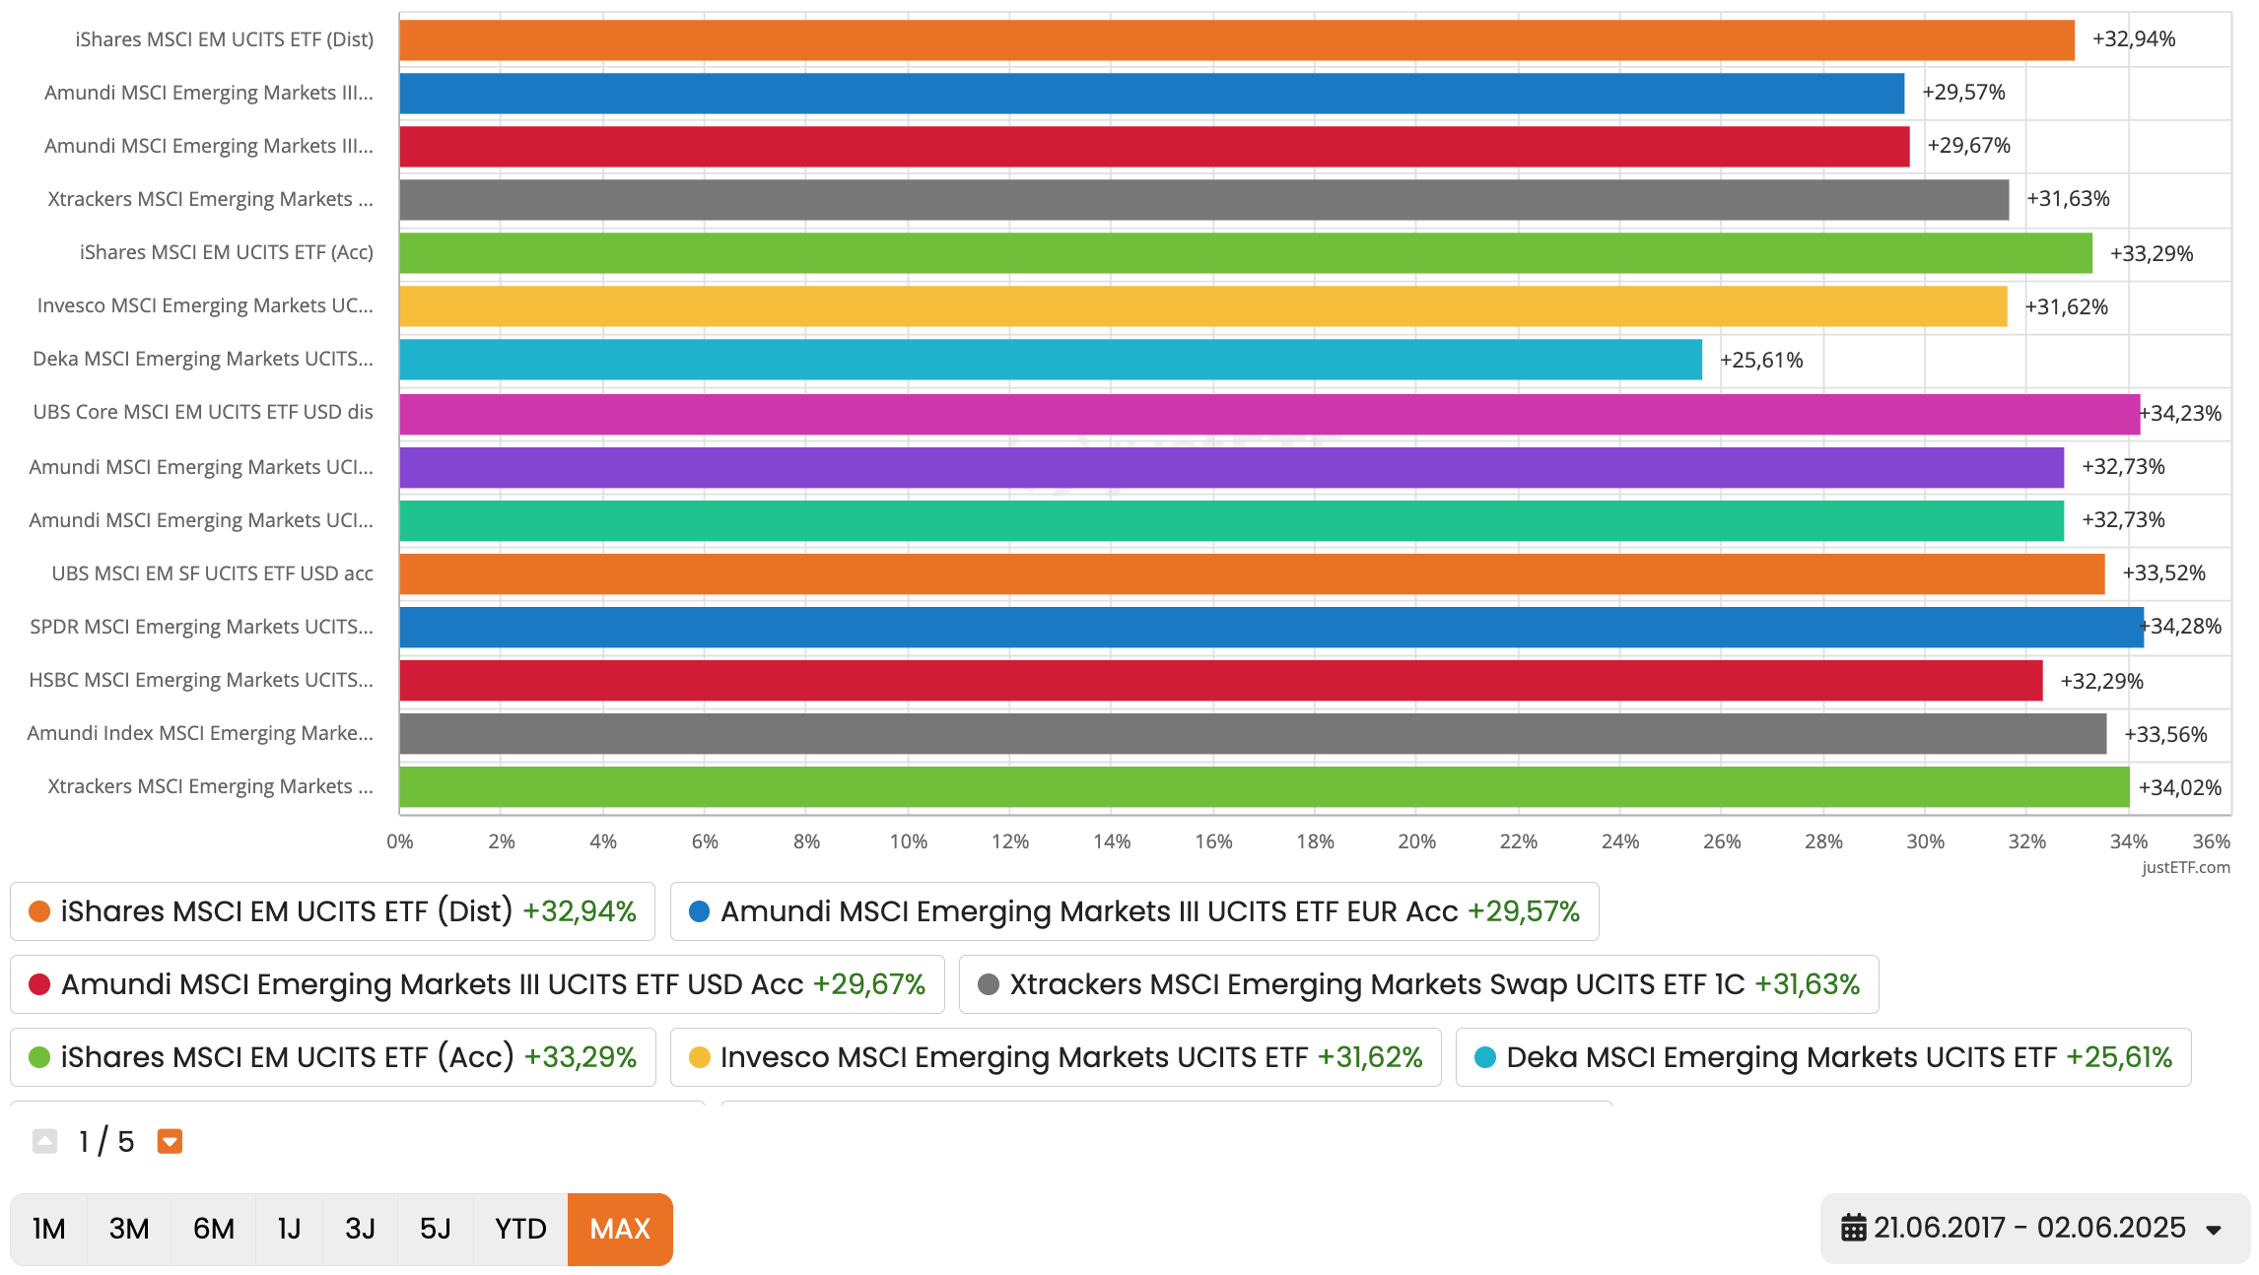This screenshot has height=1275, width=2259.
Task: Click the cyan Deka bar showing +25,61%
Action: pos(1050,360)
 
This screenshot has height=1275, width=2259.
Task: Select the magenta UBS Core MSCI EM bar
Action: pos(1269,414)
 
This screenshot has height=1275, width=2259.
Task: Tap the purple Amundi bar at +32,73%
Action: pos(1231,467)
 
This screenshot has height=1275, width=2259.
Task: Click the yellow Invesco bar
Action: pos(1202,306)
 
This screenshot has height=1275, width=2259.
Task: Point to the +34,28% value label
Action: pos(2185,627)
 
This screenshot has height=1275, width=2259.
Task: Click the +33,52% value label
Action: pos(2163,573)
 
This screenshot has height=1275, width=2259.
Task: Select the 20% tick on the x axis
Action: pos(1416,841)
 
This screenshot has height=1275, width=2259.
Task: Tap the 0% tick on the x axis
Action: pos(400,841)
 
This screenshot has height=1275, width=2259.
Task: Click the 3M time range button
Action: pos(129,1229)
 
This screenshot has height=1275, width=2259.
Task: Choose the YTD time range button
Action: pos(520,1229)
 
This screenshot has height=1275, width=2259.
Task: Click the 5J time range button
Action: pos(435,1229)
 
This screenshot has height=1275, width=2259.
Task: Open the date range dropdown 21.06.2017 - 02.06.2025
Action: pos(2034,1228)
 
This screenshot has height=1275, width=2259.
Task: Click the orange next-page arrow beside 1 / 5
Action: pos(170,1141)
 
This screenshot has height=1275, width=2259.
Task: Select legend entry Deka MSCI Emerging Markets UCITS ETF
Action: pos(1822,1057)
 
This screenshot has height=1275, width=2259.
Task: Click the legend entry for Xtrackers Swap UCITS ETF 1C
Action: pos(1418,984)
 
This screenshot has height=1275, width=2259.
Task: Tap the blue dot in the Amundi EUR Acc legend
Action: pos(699,911)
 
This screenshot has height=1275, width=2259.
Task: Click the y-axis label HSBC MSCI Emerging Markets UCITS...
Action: pos(201,680)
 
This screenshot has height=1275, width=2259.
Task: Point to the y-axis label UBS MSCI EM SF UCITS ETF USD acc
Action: pos(212,573)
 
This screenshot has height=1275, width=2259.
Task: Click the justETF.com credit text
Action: pos(2185,867)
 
